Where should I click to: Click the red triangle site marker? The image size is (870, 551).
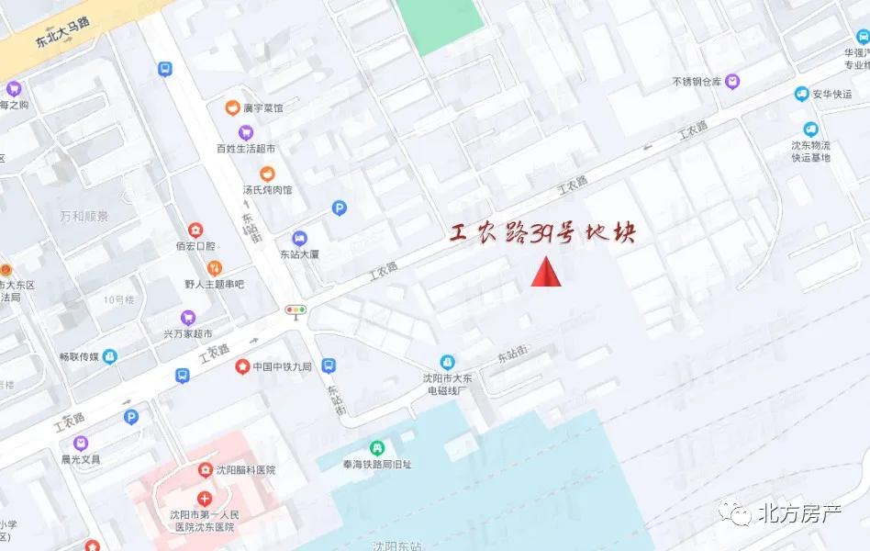pyautogui.click(x=545, y=272)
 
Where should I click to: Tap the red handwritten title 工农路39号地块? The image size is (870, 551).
pyautogui.click(x=542, y=234)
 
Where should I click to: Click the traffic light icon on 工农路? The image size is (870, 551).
pyautogui.click(x=296, y=311)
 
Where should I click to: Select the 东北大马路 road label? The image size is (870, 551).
pyautogui.click(x=66, y=34)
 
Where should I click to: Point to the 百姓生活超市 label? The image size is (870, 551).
pyautogui.click(x=246, y=148)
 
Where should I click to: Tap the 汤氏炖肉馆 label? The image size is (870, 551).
pyautogui.click(x=267, y=189)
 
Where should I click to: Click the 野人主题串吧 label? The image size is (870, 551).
pyautogui.click(x=214, y=284)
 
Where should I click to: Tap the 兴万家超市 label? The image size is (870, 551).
pyautogui.click(x=188, y=333)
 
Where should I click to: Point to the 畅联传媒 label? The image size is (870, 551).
pyautogui.click(x=80, y=356)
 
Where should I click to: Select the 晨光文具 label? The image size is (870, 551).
pyautogui.click(x=81, y=458)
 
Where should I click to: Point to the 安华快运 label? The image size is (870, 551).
pyautogui.click(x=831, y=94)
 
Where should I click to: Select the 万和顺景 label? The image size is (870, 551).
pyautogui.click(x=84, y=217)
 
